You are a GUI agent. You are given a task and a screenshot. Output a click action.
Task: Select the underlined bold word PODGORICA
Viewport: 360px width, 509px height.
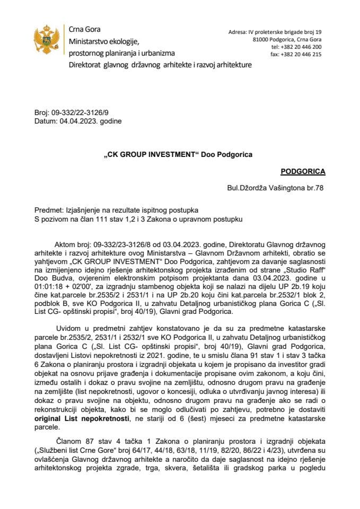[x=303, y=172]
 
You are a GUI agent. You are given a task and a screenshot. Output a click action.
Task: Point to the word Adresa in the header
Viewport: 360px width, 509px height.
[x=238, y=32]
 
